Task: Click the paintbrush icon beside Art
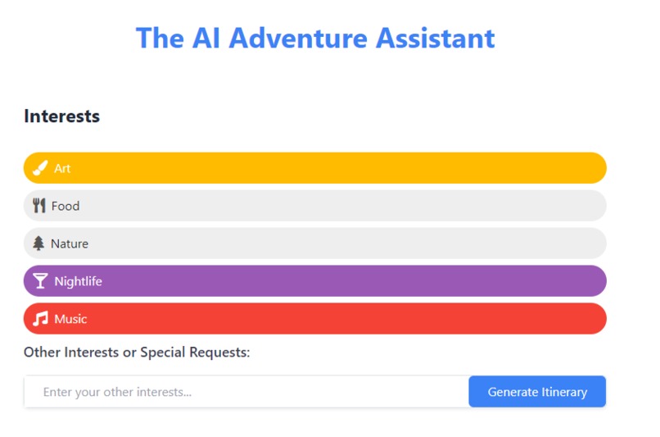(39, 168)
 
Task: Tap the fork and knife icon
(38, 206)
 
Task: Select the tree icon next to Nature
(38, 244)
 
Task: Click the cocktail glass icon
(40, 281)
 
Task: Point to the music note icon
(40, 319)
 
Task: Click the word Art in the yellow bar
(62, 168)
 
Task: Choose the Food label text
(66, 206)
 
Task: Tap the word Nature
(70, 244)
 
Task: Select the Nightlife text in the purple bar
(78, 281)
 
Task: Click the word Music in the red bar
(70, 319)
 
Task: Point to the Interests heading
(61, 116)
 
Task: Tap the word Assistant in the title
(436, 38)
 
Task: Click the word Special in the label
(166, 353)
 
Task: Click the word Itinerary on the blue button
(564, 392)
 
